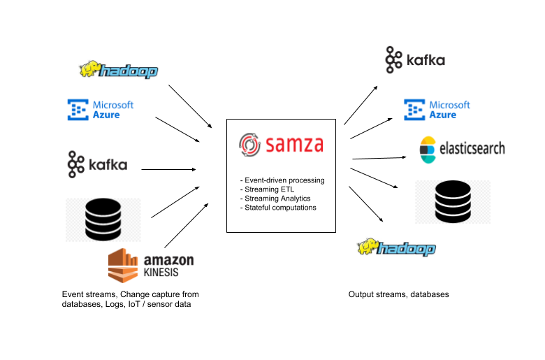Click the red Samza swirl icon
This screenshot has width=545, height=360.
pos(249,145)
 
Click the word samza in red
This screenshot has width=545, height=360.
pos(293,145)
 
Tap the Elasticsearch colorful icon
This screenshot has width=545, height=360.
pos(428,149)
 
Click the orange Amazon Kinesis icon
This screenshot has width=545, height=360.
pos(123,266)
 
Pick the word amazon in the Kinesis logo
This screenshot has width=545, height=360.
pos(167,259)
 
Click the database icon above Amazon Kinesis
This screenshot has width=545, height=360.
pos(103,219)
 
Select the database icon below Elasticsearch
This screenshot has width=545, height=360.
pos(452,202)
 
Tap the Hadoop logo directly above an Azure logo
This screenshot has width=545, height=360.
pos(118,70)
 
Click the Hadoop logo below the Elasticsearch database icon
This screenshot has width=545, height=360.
pos(396,247)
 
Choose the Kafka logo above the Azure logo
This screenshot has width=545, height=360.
pos(415,60)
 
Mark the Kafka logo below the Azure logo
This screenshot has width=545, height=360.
pos(97,164)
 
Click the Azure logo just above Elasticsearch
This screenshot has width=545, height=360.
pos(437,110)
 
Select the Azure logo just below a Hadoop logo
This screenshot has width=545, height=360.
pos(101,110)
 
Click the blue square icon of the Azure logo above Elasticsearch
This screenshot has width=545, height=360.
pos(414,110)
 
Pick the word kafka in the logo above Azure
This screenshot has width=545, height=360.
pos(426,61)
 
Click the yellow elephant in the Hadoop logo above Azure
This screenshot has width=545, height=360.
pos(89,69)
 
